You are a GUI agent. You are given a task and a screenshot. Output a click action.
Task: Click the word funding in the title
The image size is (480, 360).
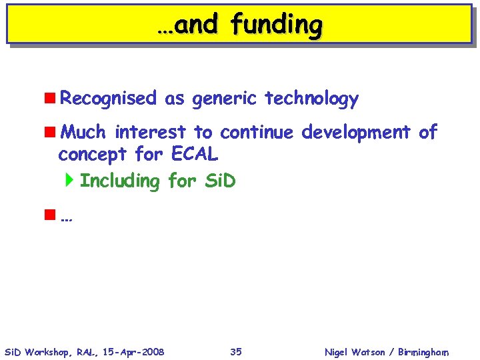pyautogui.click(x=277, y=25)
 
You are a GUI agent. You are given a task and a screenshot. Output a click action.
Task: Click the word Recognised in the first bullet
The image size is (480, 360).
pyautogui.click(x=107, y=99)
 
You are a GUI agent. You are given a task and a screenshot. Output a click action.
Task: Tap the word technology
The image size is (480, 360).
pyautogui.click(x=311, y=99)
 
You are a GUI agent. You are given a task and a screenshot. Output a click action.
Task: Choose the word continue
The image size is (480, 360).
pyautogui.click(x=256, y=132)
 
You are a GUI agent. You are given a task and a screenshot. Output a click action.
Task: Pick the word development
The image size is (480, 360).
pyautogui.click(x=356, y=132)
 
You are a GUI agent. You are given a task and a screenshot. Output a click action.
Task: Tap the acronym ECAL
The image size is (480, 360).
pyautogui.click(x=195, y=155)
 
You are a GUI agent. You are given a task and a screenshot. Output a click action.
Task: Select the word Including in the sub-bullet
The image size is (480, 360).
pyautogui.click(x=119, y=181)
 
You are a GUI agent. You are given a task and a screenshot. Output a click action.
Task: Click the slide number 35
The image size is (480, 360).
pyautogui.click(x=236, y=351)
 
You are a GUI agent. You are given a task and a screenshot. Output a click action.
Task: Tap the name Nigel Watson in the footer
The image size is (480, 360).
pyautogui.click(x=354, y=352)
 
